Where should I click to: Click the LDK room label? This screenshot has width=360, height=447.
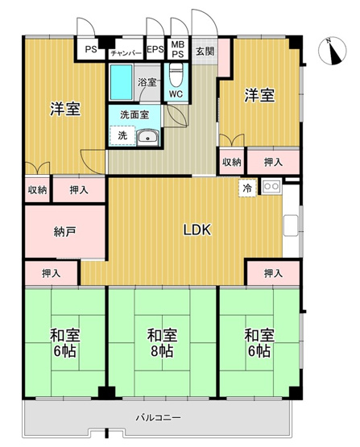click(197, 230)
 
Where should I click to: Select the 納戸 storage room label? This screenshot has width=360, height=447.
click(64, 232)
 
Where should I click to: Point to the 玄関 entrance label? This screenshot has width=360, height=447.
click(205, 51)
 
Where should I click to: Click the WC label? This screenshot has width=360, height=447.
click(176, 93)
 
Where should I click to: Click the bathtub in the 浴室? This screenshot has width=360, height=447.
click(122, 82)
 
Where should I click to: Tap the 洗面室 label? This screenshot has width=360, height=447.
click(134, 115)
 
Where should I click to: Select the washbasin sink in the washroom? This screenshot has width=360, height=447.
click(147, 138)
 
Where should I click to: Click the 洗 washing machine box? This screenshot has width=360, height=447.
click(122, 136)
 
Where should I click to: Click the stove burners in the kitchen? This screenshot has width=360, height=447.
click(270, 188)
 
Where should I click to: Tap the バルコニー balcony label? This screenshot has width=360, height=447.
click(158, 416)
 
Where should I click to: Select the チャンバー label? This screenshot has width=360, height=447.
click(126, 52)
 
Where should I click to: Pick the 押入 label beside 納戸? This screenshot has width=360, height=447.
click(52, 274)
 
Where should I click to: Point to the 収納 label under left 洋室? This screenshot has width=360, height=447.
click(37, 190)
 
